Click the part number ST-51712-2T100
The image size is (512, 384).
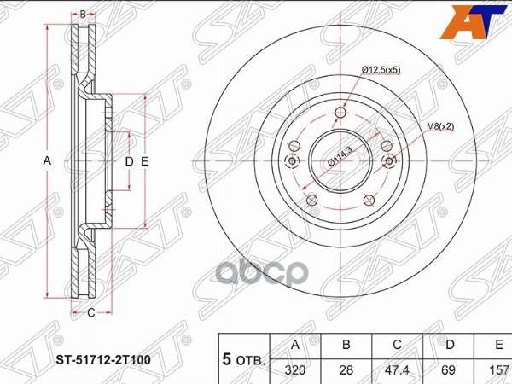(103, 359)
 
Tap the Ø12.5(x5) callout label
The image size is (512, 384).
(381, 70)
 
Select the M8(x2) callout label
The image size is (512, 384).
(441, 126)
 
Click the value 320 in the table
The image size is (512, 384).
(295, 370)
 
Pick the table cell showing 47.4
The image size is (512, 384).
(397, 370)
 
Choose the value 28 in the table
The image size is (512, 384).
(346, 370)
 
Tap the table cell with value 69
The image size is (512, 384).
(448, 370)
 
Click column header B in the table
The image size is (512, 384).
(346, 345)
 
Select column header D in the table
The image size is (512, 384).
(450, 345)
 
